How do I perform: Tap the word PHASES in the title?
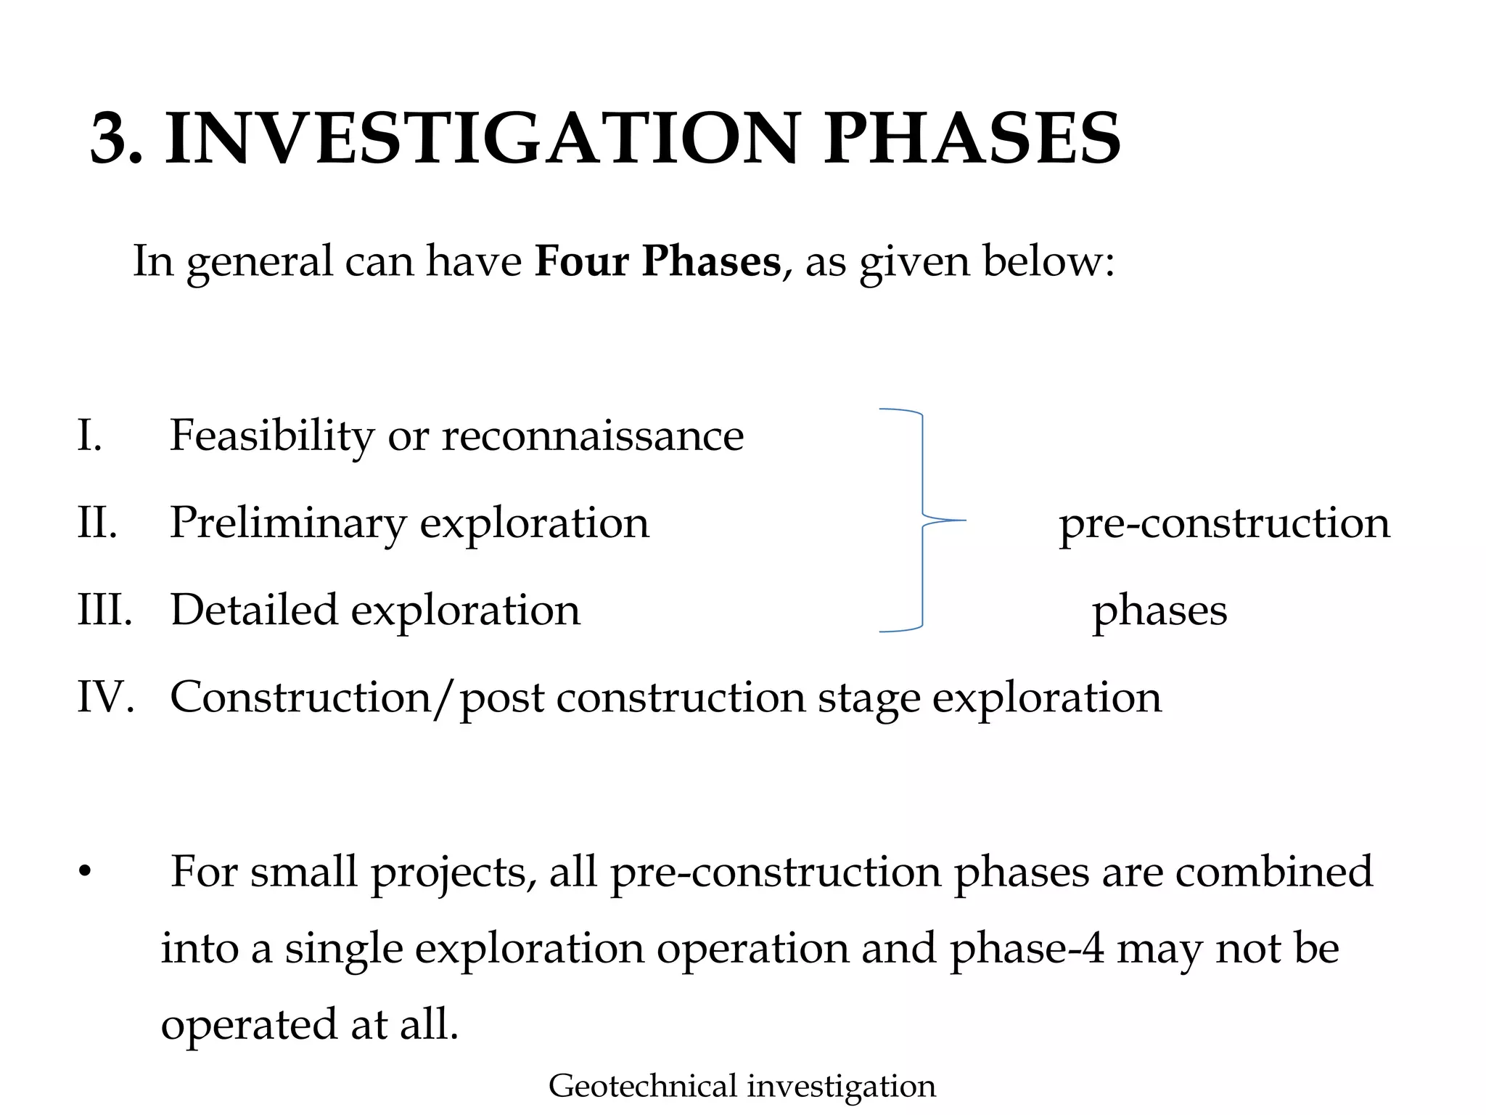coord(972,139)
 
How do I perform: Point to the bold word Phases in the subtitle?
coord(710,261)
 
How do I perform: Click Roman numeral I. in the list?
coord(90,436)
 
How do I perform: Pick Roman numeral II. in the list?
coord(97,523)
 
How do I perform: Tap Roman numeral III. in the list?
coord(104,610)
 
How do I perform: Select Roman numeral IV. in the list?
coord(106,698)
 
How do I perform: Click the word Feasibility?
coord(272,436)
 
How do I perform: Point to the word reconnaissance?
coord(593,436)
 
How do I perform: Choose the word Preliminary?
coord(288,523)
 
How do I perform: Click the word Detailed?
coord(254,610)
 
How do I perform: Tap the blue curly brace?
coord(922,520)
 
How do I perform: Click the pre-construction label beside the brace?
coord(1224,523)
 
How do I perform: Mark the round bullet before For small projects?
coord(86,872)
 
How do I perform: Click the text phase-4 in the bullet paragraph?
coord(1027,949)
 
